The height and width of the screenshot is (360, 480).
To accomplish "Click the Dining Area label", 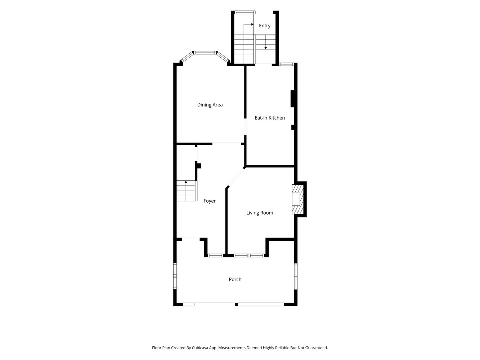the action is pos(210,105).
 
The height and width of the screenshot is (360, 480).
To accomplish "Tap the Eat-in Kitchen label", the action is pos(270,118).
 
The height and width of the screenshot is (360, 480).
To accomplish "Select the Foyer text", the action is pos(210,201).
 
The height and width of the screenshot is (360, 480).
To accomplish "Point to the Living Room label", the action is pos(260,213).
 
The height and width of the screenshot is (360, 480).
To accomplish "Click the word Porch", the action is pos(235,279).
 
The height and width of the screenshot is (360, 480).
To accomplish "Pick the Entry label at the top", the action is pos(265,26).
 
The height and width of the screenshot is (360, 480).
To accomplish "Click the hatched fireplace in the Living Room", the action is pos(298,199).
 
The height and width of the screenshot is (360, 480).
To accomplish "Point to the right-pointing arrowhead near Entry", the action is pos(252,24).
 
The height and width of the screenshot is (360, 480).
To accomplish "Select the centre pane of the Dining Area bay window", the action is pos(205,53).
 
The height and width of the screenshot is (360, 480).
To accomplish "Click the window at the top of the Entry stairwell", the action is pos(245,12).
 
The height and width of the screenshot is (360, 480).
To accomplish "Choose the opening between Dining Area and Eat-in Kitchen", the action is pos(245,127).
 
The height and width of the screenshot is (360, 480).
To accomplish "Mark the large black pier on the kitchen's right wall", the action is pos(292,99).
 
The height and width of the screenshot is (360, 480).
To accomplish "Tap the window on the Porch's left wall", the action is pos(175,276).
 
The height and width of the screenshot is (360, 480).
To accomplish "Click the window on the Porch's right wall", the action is pos(296,276).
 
